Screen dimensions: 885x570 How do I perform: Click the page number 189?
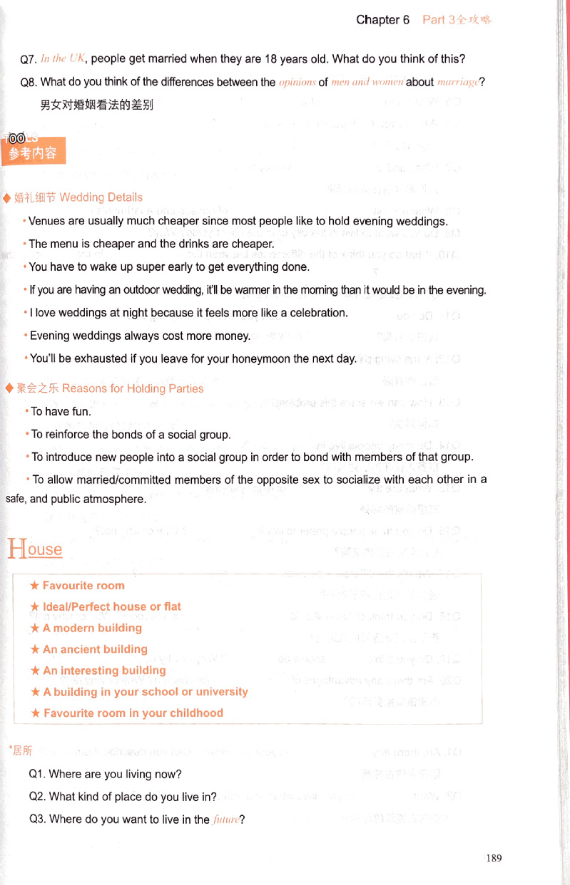tap(494, 858)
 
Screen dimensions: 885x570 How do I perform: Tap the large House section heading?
tap(34, 549)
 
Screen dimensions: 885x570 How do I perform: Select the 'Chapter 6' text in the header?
tap(382, 20)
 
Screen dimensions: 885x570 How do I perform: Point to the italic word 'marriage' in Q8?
tap(457, 82)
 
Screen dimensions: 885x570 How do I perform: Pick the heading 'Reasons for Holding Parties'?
tap(133, 388)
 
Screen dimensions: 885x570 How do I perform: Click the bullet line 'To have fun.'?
tap(61, 411)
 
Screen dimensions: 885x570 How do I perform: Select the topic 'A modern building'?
tap(92, 628)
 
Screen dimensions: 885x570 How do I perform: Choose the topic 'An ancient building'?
tap(95, 649)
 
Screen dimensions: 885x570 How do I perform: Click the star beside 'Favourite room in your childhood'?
tap(35, 713)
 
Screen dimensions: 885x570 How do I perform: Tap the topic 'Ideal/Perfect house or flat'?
tap(112, 606)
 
